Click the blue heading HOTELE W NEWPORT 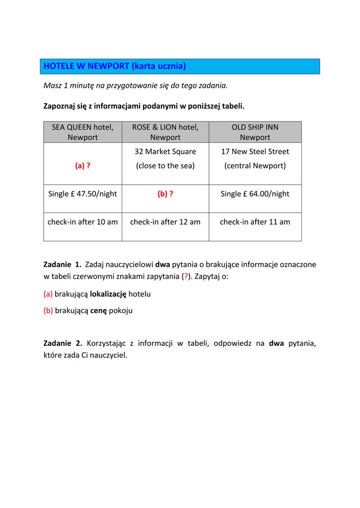(x=115, y=66)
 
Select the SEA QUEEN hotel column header (x=83, y=132)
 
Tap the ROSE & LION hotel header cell (x=165, y=132)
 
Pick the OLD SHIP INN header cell (x=255, y=132)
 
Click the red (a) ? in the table (x=82, y=166)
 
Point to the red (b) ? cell (x=165, y=194)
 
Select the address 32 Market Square (x=165, y=151)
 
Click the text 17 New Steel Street (x=255, y=151)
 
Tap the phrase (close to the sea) (x=165, y=166)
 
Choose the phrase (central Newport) (x=255, y=166)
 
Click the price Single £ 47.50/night (x=82, y=194)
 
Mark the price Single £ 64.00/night (x=255, y=194)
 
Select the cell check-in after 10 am (x=82, y=222)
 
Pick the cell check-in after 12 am (x=165, y=222)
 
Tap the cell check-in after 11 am (x=255, y=222)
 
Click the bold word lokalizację (x=108, y=294)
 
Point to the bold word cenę (x=98, y=311)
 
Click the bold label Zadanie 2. (x=63, y=343)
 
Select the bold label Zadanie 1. (x=63, y=264)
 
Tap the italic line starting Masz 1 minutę (x=136, y=85)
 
